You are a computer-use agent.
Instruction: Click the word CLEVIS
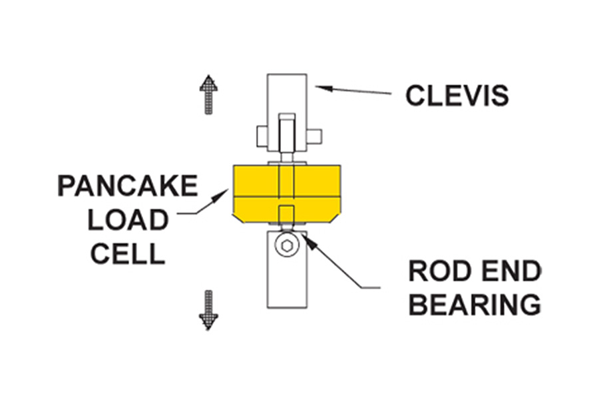coord(457,96)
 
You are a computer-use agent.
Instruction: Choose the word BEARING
coord(474,305)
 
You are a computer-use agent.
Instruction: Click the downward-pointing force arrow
coord(208,309)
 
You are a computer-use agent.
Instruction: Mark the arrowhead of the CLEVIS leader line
coord(318,85)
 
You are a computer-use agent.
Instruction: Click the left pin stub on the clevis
coord(262,136)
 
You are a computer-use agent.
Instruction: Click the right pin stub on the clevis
coord(314,136)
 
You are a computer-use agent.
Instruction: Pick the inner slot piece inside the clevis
coord(286,133)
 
